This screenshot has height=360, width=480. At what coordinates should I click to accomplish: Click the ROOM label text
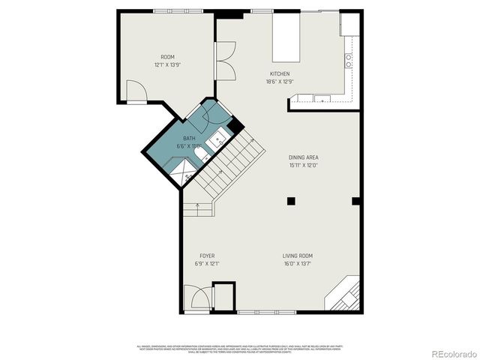(x=167, y=57)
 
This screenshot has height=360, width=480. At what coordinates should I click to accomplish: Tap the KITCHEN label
(x=280, y=73)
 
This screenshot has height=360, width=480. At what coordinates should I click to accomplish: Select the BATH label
(x=189, y=139)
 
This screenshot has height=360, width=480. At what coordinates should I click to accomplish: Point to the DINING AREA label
(x=304, y=157)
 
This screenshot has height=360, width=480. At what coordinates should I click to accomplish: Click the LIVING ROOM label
(x=298, y=256)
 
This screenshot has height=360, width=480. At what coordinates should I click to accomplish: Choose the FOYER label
(x=207, y=256)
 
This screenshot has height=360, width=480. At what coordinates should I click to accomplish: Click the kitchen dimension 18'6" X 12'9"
(x=280, y=81)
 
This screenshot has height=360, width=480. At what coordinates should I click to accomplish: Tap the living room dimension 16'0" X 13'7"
(x=298, y=263)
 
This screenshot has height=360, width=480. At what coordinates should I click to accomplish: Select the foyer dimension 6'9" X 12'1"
(x=207, y=263)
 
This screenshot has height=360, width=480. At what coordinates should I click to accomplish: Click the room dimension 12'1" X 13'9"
(x=167, y=64)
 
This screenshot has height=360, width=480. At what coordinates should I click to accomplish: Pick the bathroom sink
(x=220, y=139)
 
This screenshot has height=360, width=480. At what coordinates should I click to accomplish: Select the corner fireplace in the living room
(x=343, y=296)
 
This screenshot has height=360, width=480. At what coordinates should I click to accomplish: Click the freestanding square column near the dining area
(x=291, y=200)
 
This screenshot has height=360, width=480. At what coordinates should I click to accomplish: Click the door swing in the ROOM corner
(x=136, y=93)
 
